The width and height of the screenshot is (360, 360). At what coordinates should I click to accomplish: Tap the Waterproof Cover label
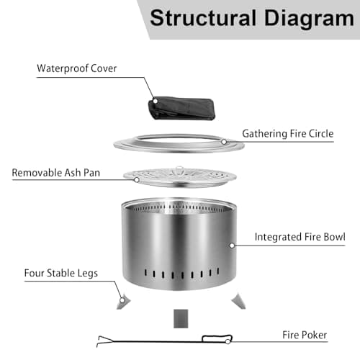coord(77,69)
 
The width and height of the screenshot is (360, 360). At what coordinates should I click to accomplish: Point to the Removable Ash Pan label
coord(55,174)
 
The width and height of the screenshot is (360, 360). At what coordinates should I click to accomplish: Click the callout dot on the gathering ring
coord(224,142)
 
